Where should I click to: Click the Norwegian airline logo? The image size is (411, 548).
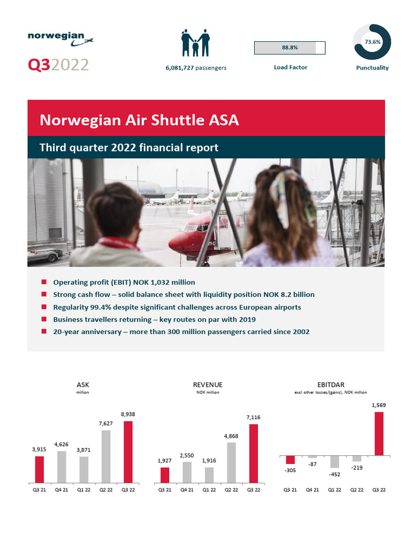[x=60, y=37]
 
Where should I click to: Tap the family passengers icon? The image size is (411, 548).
[x=195, y=42]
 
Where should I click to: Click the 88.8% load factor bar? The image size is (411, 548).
[x=290, y=48]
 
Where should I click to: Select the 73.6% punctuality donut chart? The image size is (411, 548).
[x=372, y=41]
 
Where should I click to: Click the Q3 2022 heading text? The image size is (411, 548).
[x=58, y=65]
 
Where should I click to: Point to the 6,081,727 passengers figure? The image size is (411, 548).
[x=195, y=68]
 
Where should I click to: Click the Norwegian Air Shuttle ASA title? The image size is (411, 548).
[x=139, y=120]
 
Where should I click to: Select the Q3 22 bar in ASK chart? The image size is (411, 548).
[x=128, y=452]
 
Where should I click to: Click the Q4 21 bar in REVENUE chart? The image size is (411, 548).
[x=187, y=472]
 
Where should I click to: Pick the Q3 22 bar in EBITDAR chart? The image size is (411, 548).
[x=379, y=433]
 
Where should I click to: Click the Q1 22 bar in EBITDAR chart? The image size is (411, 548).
[x=334, y=461]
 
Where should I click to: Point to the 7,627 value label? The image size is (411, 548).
[x=106, y=423]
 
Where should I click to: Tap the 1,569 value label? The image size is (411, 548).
[x=378, y=405]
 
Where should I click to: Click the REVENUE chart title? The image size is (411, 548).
[x=208, y=385]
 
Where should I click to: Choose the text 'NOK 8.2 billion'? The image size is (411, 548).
[x=288, y=295]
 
